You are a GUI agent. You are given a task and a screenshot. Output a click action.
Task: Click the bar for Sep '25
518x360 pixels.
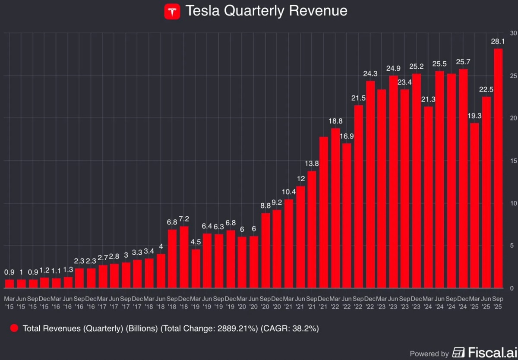tap(498, 168)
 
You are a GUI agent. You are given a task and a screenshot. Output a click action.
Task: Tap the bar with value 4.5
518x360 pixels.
tap(196, 268)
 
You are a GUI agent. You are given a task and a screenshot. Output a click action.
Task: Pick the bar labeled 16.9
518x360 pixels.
tap(347, 216)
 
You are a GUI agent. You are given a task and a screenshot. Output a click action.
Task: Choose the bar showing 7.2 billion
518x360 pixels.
tap(184, 257)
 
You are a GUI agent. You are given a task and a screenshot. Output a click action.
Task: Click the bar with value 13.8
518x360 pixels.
tap(312, 229)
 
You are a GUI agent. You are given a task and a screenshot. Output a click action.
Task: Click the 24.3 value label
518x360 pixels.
tap(370, 74)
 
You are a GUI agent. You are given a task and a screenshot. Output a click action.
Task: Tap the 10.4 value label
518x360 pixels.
tap(288, 192)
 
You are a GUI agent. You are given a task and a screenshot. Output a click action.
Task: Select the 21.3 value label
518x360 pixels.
tap(428, 99)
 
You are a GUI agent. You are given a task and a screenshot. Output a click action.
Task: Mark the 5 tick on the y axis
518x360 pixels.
tap(512, 246)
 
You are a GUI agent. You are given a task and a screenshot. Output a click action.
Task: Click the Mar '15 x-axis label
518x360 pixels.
tap(9, 302)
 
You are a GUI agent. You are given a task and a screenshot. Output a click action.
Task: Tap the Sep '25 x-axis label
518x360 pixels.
tap(498, 302)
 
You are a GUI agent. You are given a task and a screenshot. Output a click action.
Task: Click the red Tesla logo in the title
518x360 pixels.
tap(172, 11)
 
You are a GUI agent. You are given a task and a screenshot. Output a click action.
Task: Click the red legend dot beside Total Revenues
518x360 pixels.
tap(14, 328)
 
